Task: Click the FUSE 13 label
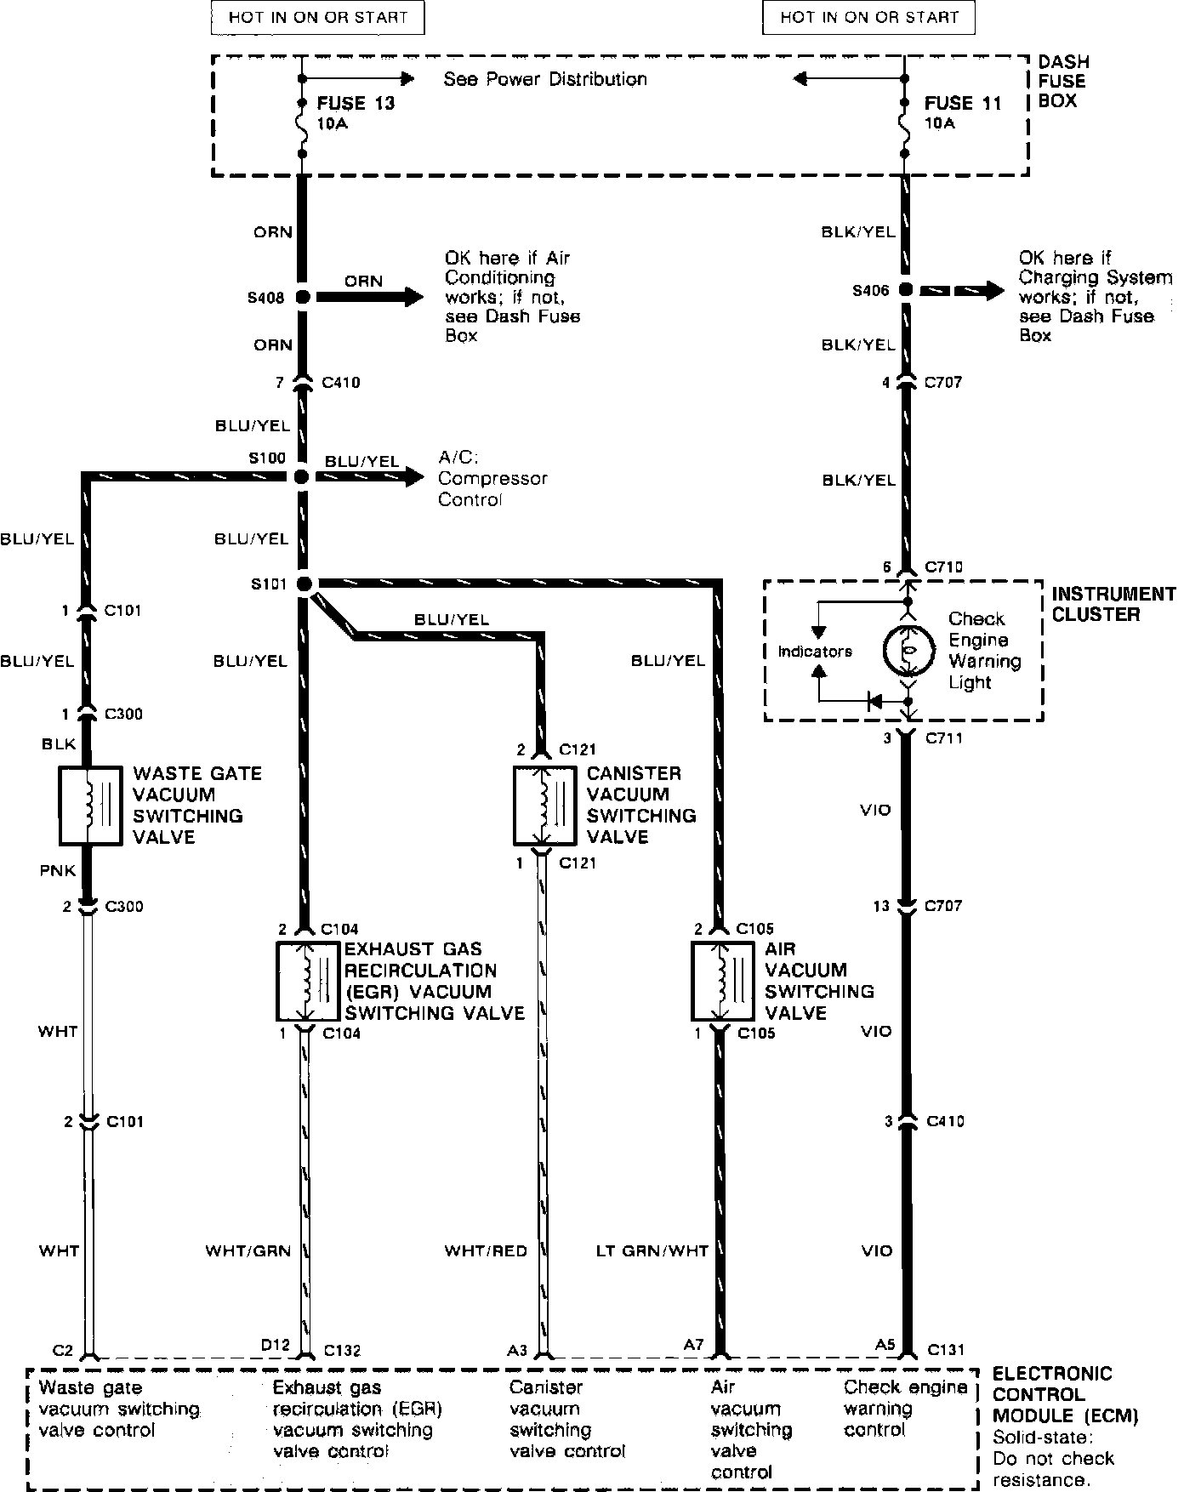[x=356, y=104]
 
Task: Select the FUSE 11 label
[x=963, y=104]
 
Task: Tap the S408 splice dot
[x=301, y=297]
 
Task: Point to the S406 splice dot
[x=906, y=290]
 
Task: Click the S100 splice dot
[x=300, y=476]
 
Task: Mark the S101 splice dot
[x=303, y=584]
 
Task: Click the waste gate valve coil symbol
[x=88, y=806]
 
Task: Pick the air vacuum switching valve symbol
[x=720, y=981]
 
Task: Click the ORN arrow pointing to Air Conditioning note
[x=370, y=297]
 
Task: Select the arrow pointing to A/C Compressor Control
[x=370, y=476]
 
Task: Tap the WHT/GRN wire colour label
[x=248, y=1251]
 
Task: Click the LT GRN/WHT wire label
[x=652, y=1251]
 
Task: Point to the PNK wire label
[x=59, y=870]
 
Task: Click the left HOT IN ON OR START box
[x=317, y=17]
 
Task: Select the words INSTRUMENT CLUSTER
[x=1113, y=604]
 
